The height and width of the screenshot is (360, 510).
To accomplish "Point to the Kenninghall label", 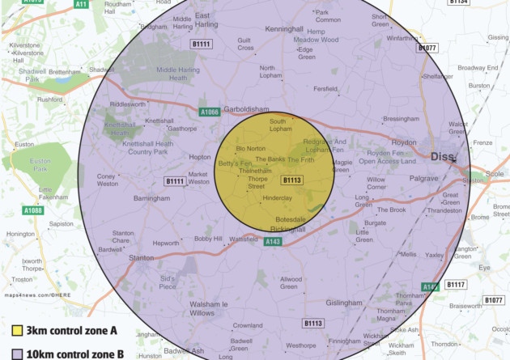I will pos(284,28).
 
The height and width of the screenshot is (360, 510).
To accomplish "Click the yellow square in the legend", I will pos(15,331).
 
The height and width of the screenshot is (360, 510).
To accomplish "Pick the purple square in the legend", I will pos(15,354).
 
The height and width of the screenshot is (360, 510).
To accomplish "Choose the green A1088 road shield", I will pos(33,211).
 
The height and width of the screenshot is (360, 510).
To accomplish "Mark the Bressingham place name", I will pos(401,119).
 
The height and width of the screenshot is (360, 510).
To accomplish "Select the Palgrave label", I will pos(423,178).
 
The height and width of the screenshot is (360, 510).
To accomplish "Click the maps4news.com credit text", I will pos(38,297).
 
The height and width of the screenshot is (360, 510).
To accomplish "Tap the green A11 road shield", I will pos(81,4).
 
